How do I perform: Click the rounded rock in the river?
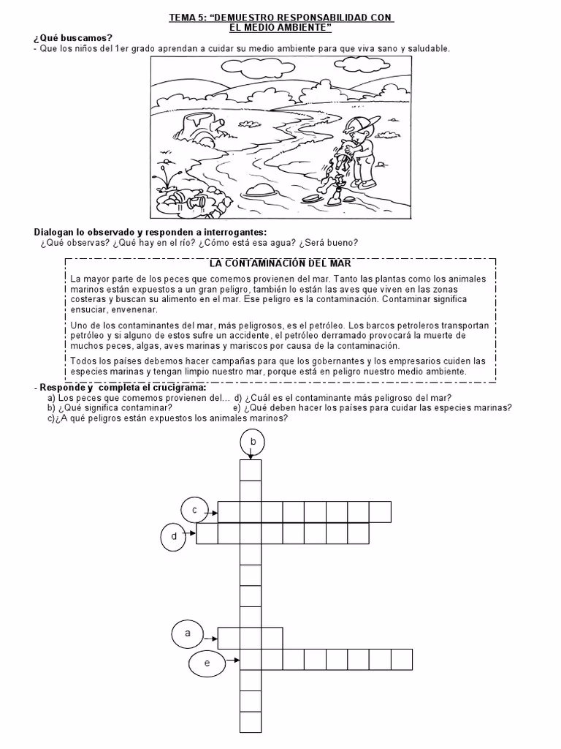pos(260,190)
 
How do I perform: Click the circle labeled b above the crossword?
pos(252,442)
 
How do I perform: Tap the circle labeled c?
pos(194,510)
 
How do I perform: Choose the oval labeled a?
pos(188,633)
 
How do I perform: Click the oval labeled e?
pos(207,663)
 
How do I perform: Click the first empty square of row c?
pos(230,511)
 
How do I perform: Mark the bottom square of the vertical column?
pos(251,722)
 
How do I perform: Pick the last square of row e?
pos(401,659)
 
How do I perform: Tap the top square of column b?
pos(251,470)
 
